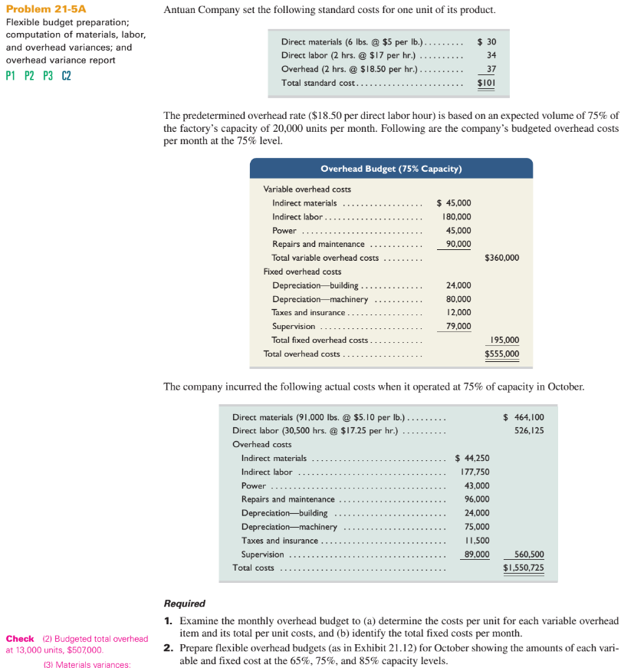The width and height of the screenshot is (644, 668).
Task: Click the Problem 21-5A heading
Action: pos(46,9)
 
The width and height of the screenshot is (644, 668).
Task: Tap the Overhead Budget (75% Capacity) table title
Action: pos(391,169)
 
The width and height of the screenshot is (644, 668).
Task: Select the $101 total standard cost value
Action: pos(485,82)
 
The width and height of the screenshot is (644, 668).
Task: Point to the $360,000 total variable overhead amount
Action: pos(502,258)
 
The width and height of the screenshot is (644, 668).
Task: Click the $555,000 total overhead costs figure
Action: pos(502,354)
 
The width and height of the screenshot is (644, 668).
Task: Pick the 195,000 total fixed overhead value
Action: pos(504,340)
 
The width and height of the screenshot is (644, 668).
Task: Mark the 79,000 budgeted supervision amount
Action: pos(458,326)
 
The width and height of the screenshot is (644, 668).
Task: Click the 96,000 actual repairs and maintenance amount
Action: pos(477,499)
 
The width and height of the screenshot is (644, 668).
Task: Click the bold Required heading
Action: pos(185,604)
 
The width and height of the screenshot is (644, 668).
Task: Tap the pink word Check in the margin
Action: pos(20,638)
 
